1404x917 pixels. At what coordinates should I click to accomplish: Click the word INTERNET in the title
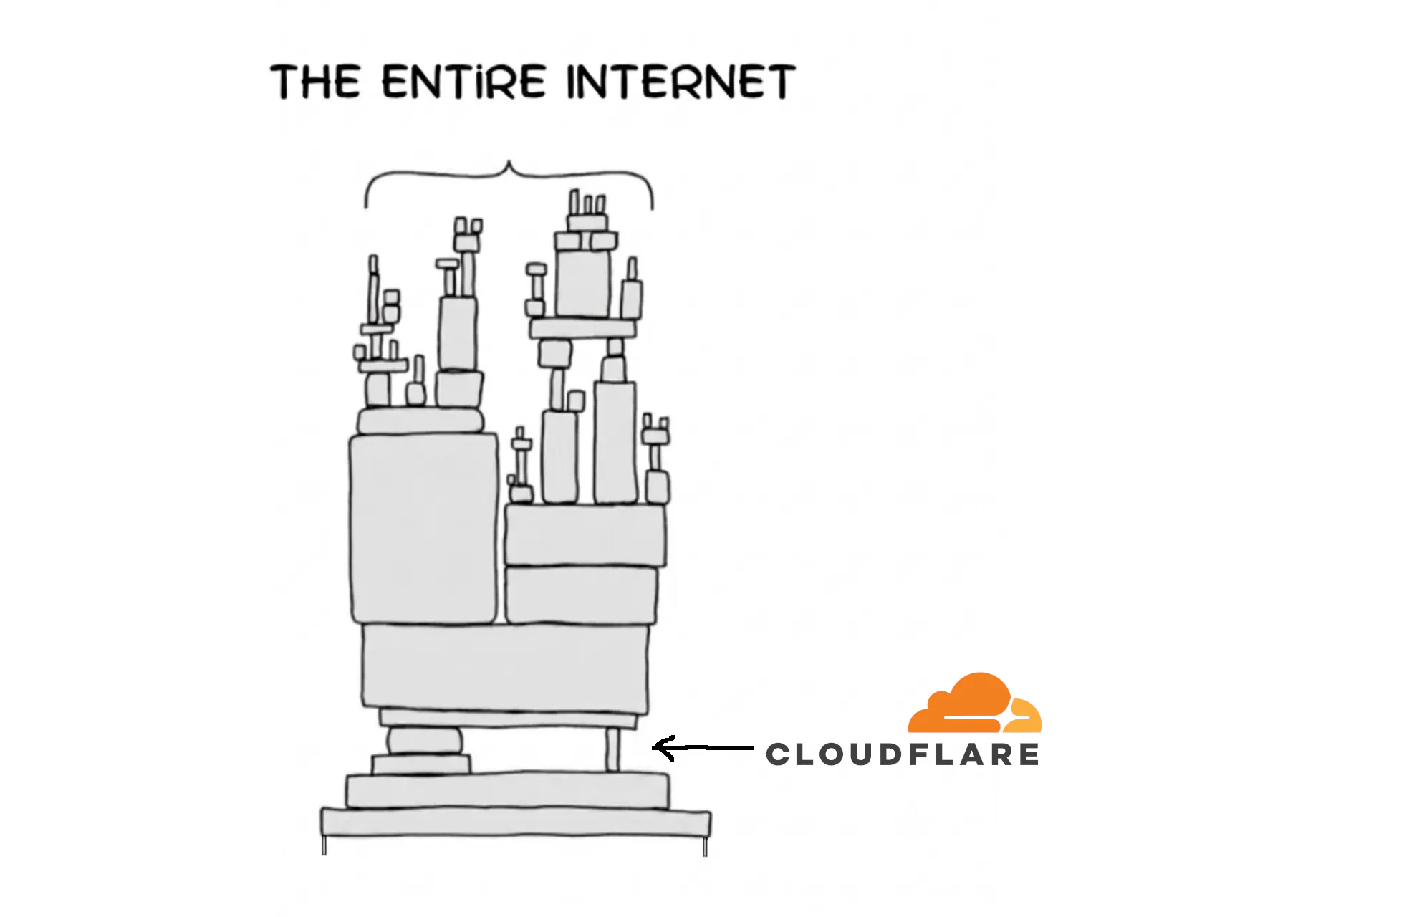681,81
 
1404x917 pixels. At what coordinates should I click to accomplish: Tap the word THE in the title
315,81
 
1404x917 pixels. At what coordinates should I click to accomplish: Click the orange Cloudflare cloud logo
975,703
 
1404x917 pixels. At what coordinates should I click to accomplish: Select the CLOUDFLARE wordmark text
903,754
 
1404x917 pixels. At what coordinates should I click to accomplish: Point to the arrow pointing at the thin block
703,748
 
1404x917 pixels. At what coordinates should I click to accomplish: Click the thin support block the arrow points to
612,750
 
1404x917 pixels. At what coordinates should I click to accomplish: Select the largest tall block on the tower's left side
423,528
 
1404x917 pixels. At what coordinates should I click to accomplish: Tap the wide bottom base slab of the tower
516,822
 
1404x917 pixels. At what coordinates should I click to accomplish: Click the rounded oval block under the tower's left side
424,740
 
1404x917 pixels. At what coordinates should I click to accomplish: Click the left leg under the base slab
324,845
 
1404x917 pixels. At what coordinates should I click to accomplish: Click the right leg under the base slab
706,846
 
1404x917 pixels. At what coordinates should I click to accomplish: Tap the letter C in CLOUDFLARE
777,754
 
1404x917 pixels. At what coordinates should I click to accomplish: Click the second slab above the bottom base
508,790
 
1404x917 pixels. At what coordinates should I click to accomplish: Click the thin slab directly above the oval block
508,719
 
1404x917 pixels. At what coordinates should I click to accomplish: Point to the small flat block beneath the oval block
421,764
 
